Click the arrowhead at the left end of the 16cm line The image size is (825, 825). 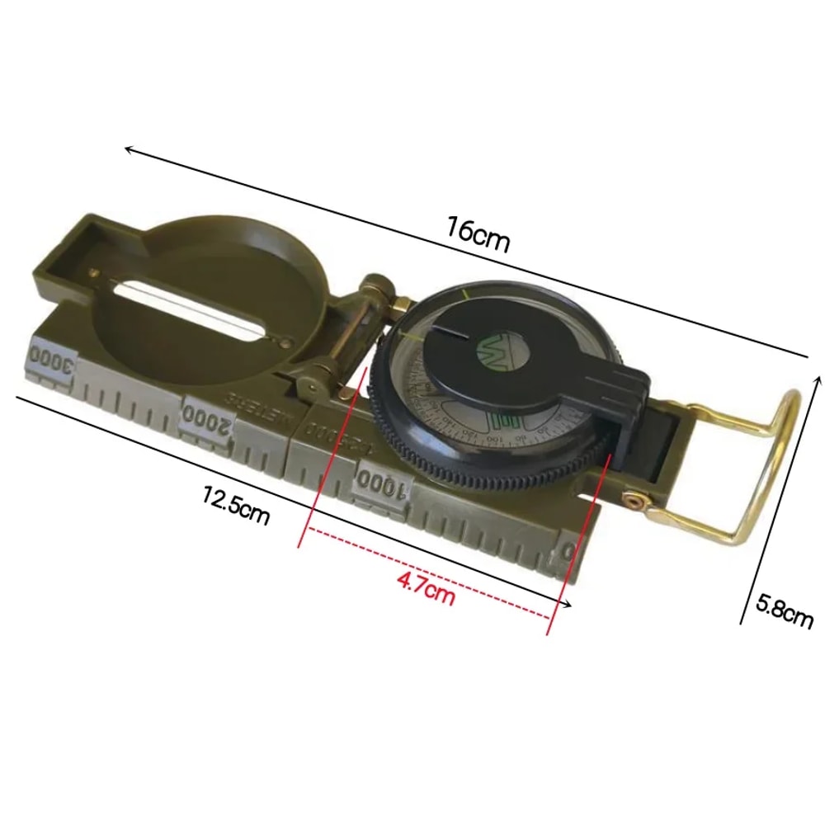pyautogui.click(x=129, y=150)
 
